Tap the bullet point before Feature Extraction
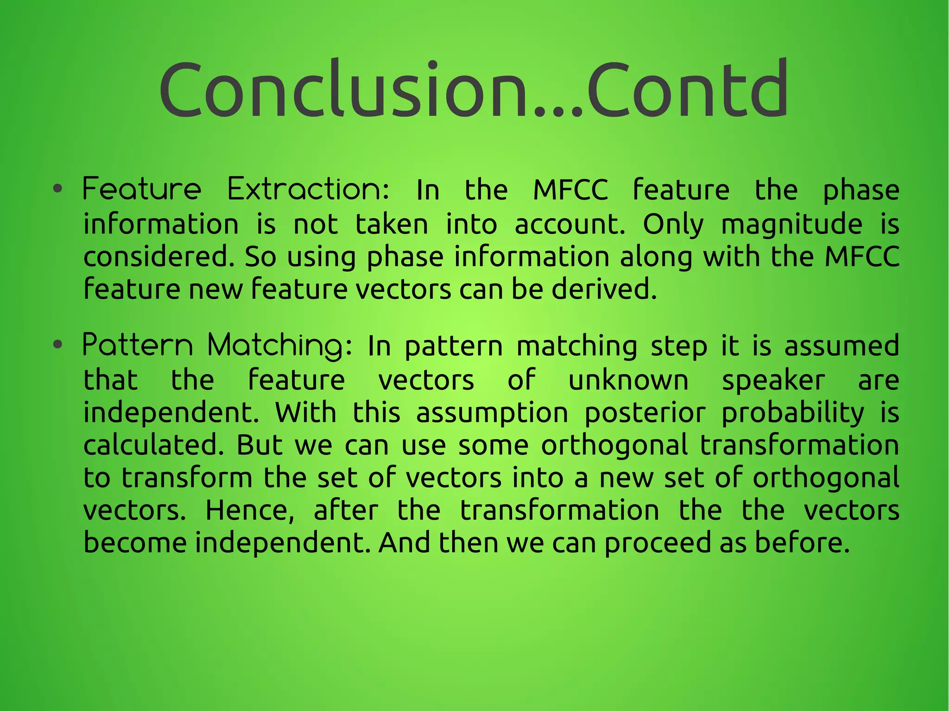(x=57, y=189)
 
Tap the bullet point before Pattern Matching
(x=57, y=345)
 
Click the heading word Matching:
(x=279, y=346)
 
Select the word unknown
(x=628, y=380)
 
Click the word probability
(x=792, y=413)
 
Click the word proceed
(x=657, y=543)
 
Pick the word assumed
(x=841, y=346)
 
